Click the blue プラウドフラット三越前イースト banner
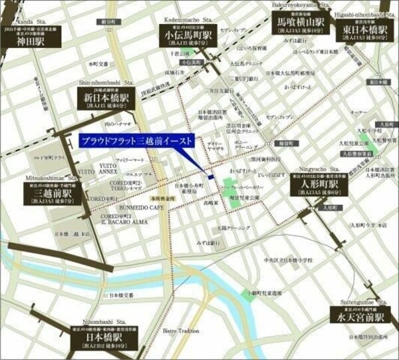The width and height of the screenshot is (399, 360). [x=136, y=140]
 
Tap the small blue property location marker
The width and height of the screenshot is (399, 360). [x=210, y=177]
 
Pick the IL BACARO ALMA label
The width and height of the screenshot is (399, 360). [x=122, y=225]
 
